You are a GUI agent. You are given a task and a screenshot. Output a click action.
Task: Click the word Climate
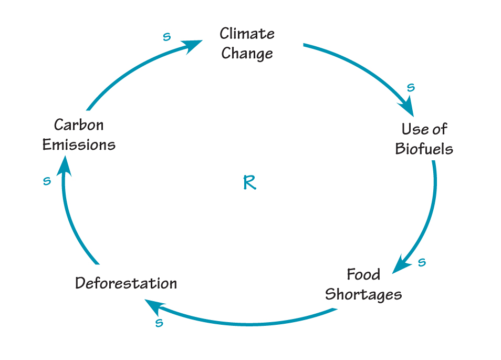(x=247, y=34)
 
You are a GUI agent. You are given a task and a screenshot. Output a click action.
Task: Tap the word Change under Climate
(x=247, y=54)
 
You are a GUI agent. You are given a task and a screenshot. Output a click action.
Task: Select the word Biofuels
(x=424, y=149)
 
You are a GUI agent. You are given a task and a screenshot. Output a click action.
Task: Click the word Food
(x=363, y=274)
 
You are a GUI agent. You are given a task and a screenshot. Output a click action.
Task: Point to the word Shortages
(x=363, y=294)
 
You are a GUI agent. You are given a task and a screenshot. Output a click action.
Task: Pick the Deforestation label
(x=126, y=283)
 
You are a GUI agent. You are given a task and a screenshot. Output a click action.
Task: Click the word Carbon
(x=79, y=125)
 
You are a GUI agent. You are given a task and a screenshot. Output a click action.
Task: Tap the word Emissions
(x=79, y=145)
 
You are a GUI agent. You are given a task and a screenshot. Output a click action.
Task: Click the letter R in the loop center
(x=249, y=183)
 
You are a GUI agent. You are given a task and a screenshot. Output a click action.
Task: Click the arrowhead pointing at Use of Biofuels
(x=407, y=107)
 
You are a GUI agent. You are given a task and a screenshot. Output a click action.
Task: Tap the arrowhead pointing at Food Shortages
(x=401, y=264)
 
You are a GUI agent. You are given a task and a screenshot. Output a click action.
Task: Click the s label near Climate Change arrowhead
(x=166, y=37)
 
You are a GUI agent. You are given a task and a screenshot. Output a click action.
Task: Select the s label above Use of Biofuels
(x=411, y=87)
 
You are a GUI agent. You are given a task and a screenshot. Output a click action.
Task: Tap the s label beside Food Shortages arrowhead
(x=422, y=262)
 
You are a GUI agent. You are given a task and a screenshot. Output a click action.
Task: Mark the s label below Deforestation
(x=159, y=323)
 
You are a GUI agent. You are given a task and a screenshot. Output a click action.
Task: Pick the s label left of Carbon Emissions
(x=47, y=181)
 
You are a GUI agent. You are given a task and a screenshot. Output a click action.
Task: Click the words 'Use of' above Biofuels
(x=424, y=129)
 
